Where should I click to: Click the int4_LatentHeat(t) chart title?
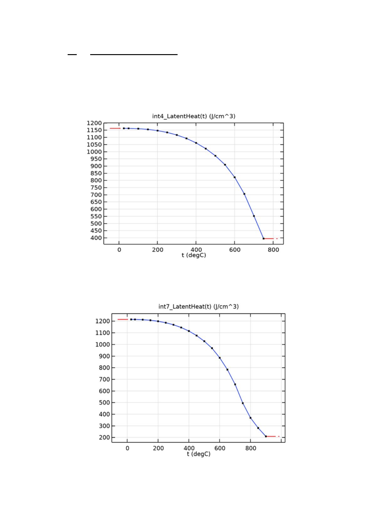[194, 116]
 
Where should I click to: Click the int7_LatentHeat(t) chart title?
[199, 306]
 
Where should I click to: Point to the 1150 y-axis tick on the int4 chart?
[94, 130]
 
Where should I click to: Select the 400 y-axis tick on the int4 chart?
[97, 238]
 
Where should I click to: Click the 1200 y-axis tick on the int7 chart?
[103, 321]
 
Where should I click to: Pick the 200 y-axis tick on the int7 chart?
[104, 437]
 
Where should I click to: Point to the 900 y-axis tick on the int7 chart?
[104, 356]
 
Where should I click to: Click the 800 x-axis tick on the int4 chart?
[273, 250]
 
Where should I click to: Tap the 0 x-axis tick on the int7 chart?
[127, 448]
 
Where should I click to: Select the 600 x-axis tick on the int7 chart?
[220, 448]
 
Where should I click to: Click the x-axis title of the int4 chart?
[194, 255]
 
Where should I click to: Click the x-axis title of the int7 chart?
[199, 454]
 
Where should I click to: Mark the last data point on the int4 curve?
[264, 239]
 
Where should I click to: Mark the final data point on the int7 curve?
[266, 436]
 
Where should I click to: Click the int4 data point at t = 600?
[235, 177]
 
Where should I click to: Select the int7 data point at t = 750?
[243, 403]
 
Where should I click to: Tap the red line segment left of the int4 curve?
[115, 128]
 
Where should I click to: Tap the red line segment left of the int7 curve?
[123, 320]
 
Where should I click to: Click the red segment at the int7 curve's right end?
[271, 436]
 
